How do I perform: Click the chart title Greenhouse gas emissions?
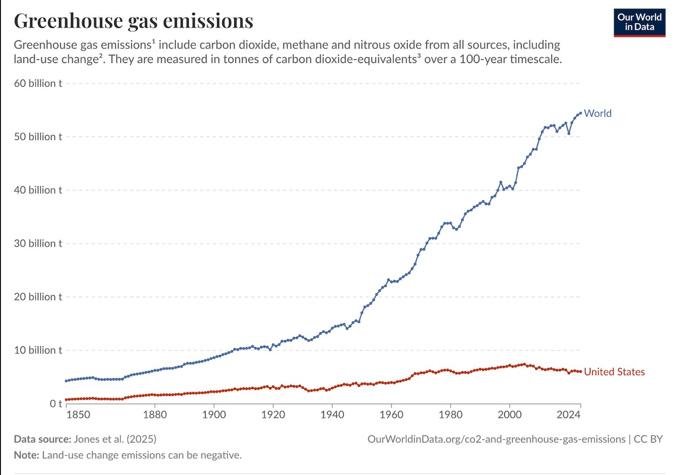tap(133, 21)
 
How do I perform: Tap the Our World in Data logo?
tap(639, 22)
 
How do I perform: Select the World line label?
tap(597, 113)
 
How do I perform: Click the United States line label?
tap(614, 372)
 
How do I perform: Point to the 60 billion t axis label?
tap(38, 83)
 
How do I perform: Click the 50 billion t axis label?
tap(38, 137)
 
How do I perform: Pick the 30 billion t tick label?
tap(38, 243)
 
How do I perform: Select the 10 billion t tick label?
tap(38, 350)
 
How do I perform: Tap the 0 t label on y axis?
tap(56, 403)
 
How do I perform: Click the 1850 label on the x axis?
tap(78, 415)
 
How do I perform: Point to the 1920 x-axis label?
tap(273, 415)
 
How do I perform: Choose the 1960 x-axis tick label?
tap(391, 415)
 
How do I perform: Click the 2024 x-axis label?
tap(568, 415)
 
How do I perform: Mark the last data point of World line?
tap(580, 113)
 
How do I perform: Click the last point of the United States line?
tap(580, 372)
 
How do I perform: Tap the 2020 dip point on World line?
tap(569, 133)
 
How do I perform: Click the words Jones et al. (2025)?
tap(115, 439)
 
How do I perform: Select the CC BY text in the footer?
tap(648, 439)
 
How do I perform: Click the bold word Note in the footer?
tap(26, 455)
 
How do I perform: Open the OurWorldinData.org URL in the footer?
tap(496, 439)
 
